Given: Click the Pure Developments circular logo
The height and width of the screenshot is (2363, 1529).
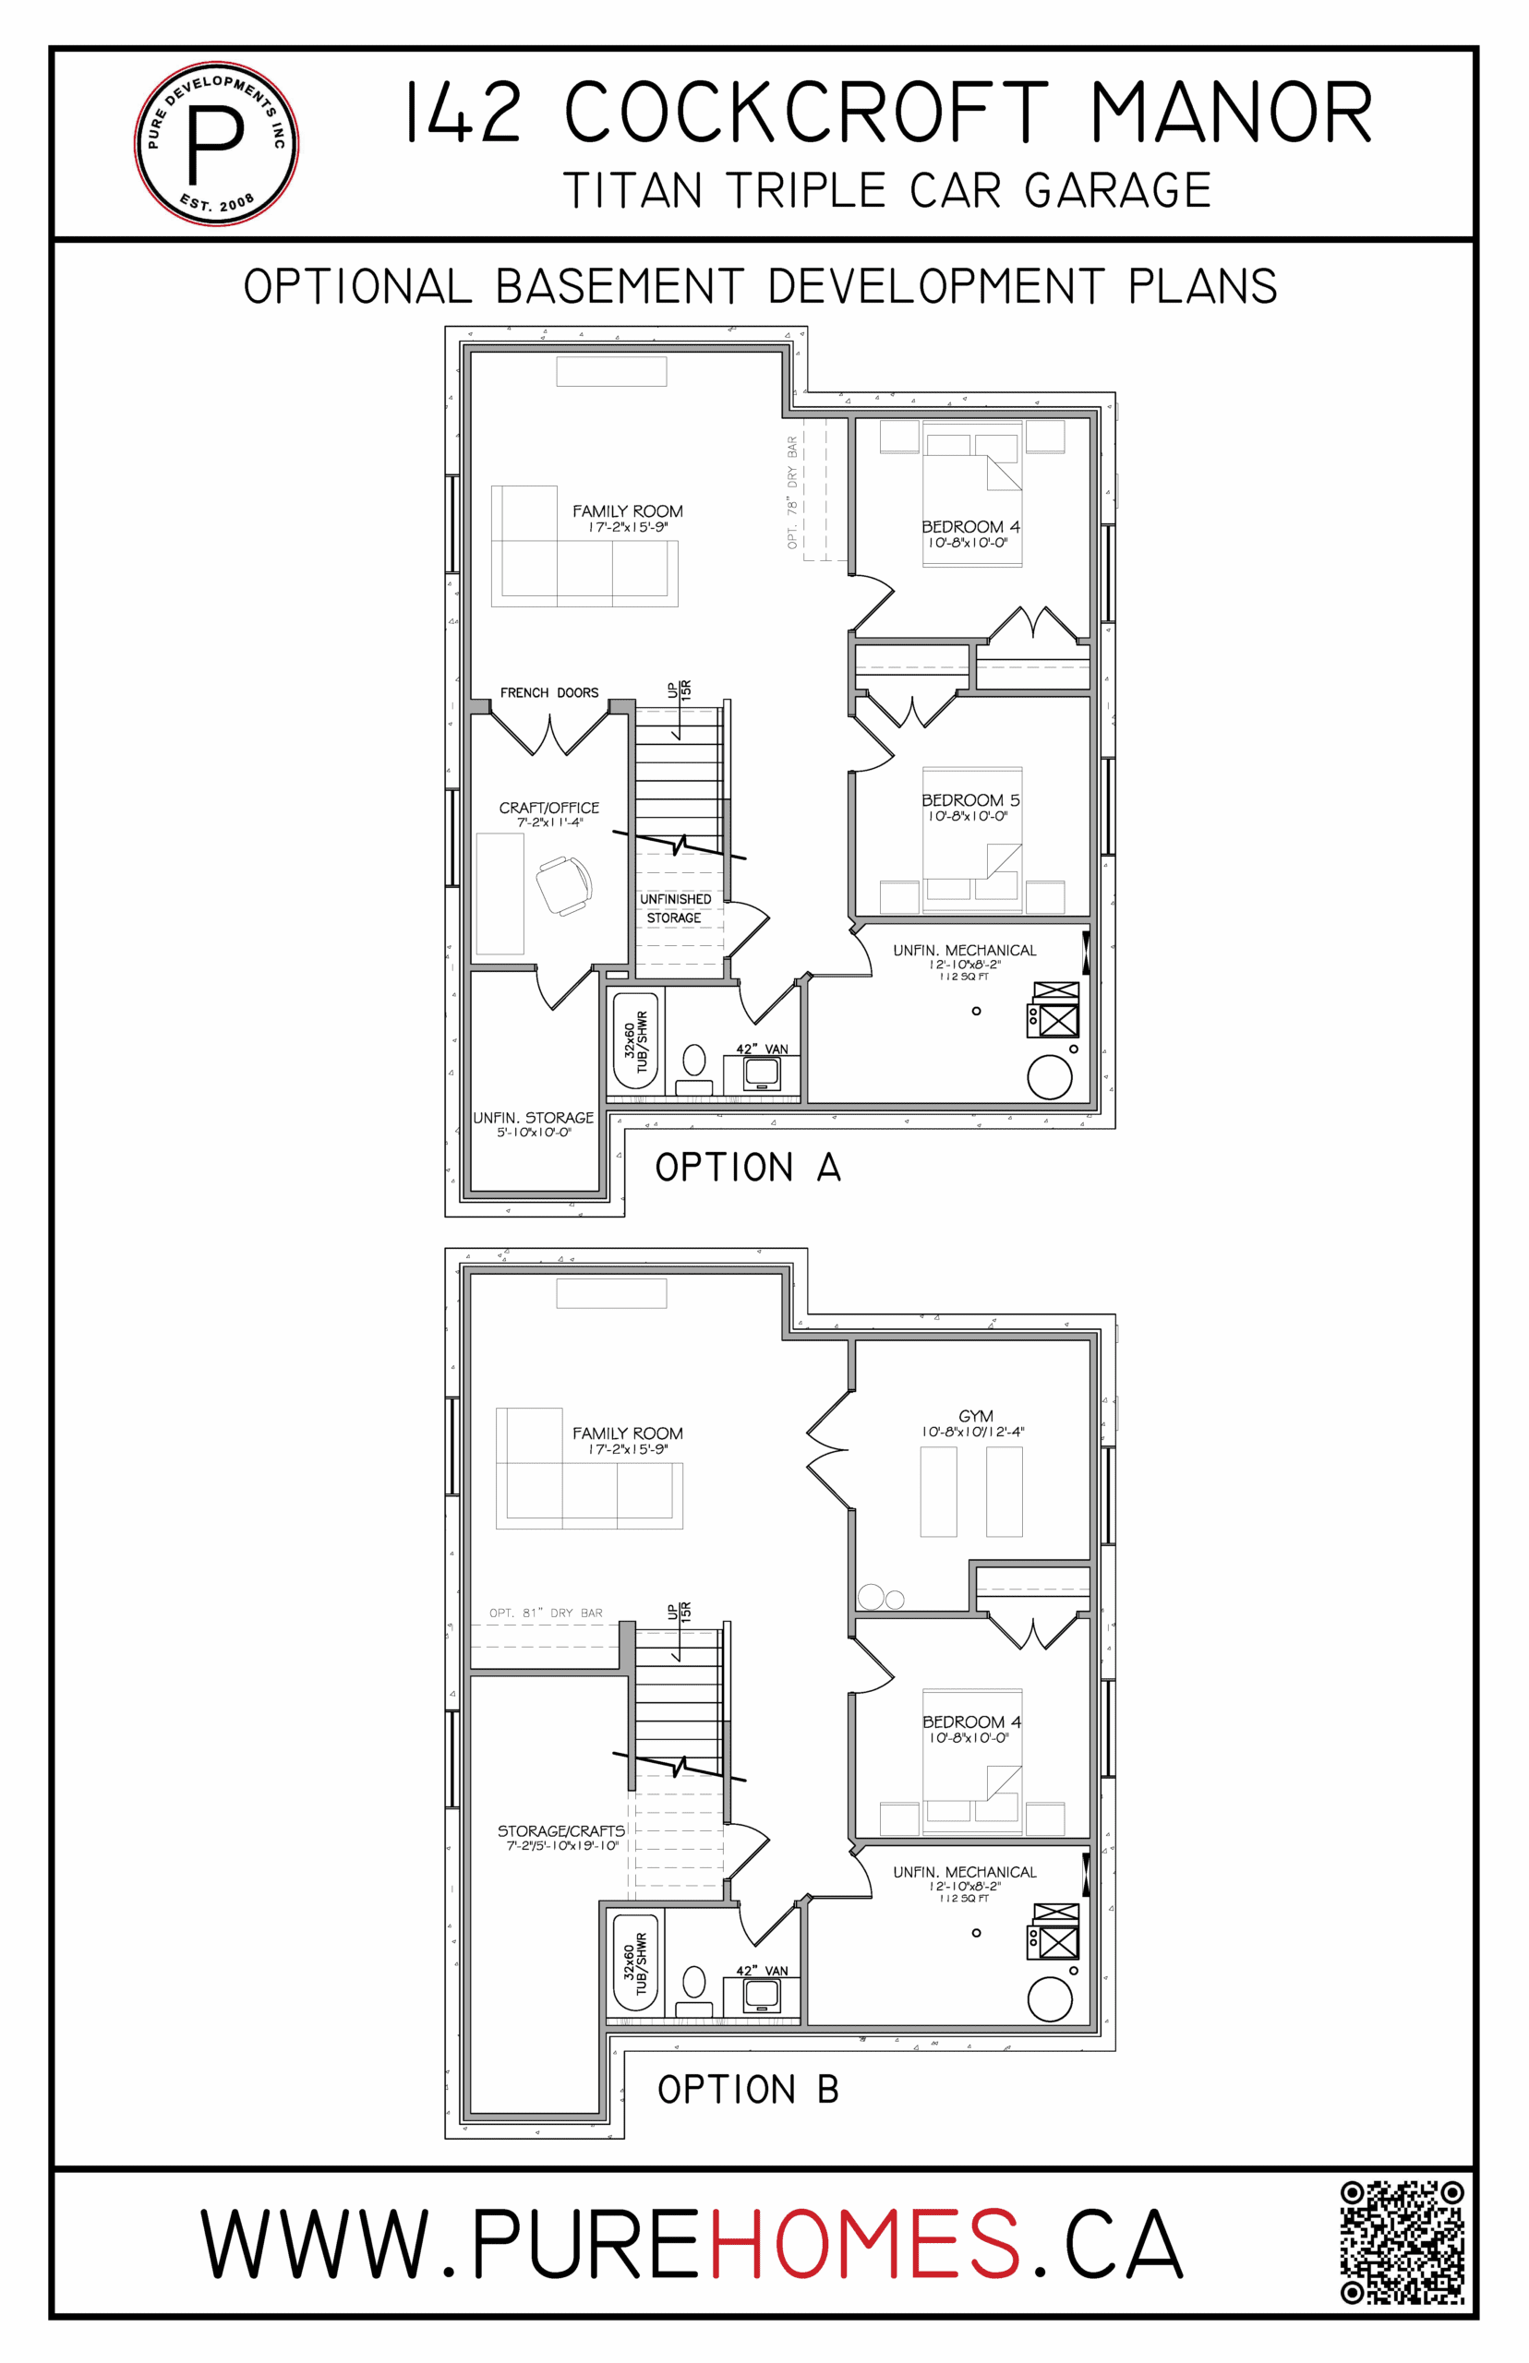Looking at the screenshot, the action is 216,144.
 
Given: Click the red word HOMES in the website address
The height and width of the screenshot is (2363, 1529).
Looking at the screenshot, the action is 864,2244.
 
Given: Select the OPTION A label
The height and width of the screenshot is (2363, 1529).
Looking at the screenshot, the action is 748,1167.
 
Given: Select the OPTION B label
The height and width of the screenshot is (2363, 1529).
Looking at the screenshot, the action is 748,2089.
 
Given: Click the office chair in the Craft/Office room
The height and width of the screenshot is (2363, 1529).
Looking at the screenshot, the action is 564,885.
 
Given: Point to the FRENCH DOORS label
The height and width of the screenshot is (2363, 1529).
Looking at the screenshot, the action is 549,692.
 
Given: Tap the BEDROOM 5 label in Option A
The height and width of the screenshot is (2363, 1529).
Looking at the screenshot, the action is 970,800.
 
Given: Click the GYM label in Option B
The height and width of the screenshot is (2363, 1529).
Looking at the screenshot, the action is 976,1416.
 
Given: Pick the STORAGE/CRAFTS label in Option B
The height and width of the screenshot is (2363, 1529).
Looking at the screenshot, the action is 561,1831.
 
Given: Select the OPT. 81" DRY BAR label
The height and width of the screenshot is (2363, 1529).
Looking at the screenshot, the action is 546,1613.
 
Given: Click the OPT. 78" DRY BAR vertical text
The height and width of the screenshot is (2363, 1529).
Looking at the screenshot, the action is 792,492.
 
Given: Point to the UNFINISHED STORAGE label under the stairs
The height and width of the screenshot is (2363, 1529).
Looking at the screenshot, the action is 675,908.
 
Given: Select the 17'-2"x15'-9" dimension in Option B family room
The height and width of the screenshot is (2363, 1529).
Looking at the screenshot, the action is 628,1449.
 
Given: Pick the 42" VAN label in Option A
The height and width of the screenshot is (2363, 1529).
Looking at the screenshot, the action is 762,1049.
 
